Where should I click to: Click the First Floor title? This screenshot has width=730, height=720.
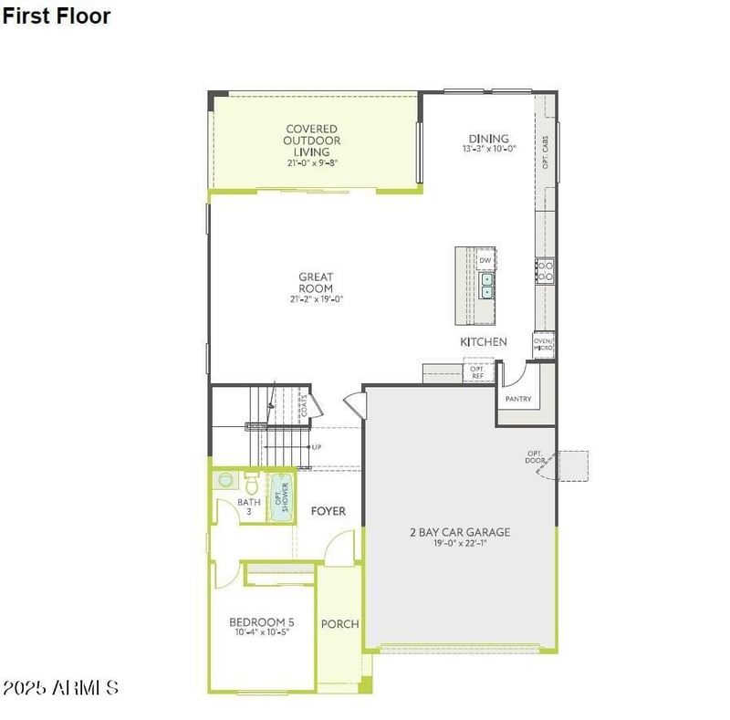[57, 16]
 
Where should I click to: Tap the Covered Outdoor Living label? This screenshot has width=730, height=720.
[311, 141]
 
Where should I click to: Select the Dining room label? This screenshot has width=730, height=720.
[488, 139]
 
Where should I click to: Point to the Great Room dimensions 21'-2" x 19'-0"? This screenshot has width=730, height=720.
[316, 298]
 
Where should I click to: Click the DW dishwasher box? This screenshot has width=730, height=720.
[485, 260]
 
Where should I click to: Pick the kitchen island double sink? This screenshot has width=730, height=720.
[487, 286]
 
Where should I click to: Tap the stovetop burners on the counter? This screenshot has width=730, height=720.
[545, 271]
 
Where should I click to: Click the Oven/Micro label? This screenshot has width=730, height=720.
[544, 345]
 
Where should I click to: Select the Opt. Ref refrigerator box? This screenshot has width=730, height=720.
[476, 371]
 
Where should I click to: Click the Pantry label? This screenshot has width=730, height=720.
[518, 399]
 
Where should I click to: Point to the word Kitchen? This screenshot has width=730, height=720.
[483, 341]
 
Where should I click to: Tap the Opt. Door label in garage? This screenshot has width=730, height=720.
[535, 457]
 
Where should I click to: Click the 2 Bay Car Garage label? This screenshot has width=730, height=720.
[459, 532]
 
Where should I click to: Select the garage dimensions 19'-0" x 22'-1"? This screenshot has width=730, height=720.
[460, 544]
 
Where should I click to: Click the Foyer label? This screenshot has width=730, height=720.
[328, 511]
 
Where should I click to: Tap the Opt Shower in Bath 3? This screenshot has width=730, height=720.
[281, 496]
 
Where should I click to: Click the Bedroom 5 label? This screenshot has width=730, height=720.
[261, 622]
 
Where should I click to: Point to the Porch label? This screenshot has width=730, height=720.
[339, 624]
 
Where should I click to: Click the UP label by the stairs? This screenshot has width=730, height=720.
[317, 447]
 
